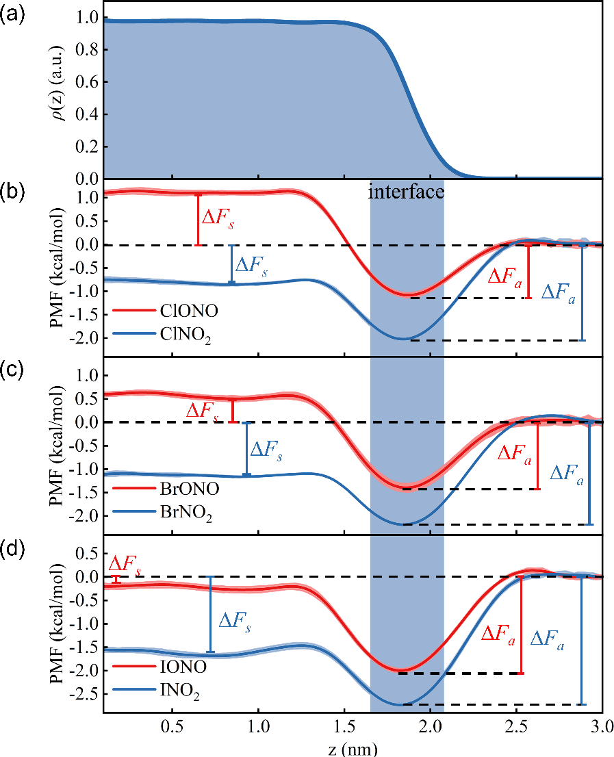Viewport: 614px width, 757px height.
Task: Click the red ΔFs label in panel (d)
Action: (x=126, y=565)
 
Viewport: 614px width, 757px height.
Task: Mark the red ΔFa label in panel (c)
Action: (x=512, y=454)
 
